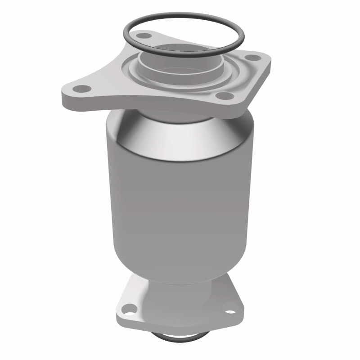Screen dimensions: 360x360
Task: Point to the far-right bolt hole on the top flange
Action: [x=253, y=58]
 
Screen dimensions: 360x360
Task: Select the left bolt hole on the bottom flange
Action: [x=129, y=309]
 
